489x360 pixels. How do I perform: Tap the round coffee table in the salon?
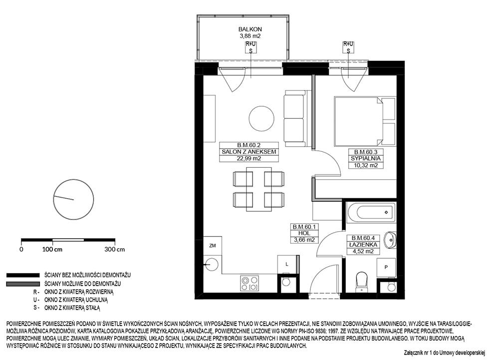[261, 118]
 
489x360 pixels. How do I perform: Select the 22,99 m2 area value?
[248, 158]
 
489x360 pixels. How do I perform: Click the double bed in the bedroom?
[365, 121]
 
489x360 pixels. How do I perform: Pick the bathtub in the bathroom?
[371, 212]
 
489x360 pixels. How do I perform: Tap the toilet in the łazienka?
[362, 282]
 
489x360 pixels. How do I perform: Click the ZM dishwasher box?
[213, 246]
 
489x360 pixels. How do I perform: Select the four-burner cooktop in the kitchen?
[249, 284]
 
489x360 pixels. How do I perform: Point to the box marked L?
[287, 265]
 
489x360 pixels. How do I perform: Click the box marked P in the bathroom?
[386, 267]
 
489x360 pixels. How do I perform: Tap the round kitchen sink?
[212, 265]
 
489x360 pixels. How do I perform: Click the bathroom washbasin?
[390, 240]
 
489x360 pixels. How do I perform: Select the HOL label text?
[304, 233]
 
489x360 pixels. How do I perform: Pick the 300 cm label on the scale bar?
[115, 249]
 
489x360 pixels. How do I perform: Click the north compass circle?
[74, 199]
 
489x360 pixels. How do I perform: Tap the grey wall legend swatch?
[23, 284]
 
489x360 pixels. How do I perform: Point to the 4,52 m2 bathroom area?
[363, 252]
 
